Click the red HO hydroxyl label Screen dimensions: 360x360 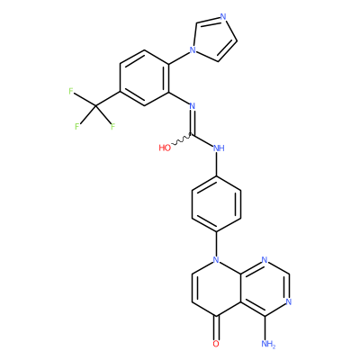165,148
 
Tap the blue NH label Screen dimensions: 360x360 219,148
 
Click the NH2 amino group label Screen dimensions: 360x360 268,344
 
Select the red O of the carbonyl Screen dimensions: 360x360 216,344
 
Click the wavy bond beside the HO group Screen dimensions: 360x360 181,140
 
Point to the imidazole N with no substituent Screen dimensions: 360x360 223,16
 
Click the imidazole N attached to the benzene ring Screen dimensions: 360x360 193,49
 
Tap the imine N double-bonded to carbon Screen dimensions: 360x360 193,106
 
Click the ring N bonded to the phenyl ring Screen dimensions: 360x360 216,259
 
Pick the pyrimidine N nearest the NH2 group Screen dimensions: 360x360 289,301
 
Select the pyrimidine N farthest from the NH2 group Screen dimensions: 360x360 265,259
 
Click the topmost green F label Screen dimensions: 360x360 71,91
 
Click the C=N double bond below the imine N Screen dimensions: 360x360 192,122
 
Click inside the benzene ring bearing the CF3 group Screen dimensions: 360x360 144,77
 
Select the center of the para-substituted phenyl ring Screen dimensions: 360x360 216,204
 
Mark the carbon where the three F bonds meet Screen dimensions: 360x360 95,105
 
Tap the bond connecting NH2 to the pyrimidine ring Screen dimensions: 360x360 265,328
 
